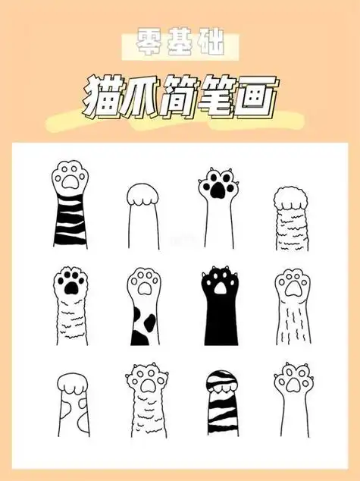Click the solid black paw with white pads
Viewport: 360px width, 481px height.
[x=218, y=311]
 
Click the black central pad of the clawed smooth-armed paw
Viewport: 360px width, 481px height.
[x=216, y=188]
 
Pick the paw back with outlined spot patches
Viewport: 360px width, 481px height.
[x=72, y=410]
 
